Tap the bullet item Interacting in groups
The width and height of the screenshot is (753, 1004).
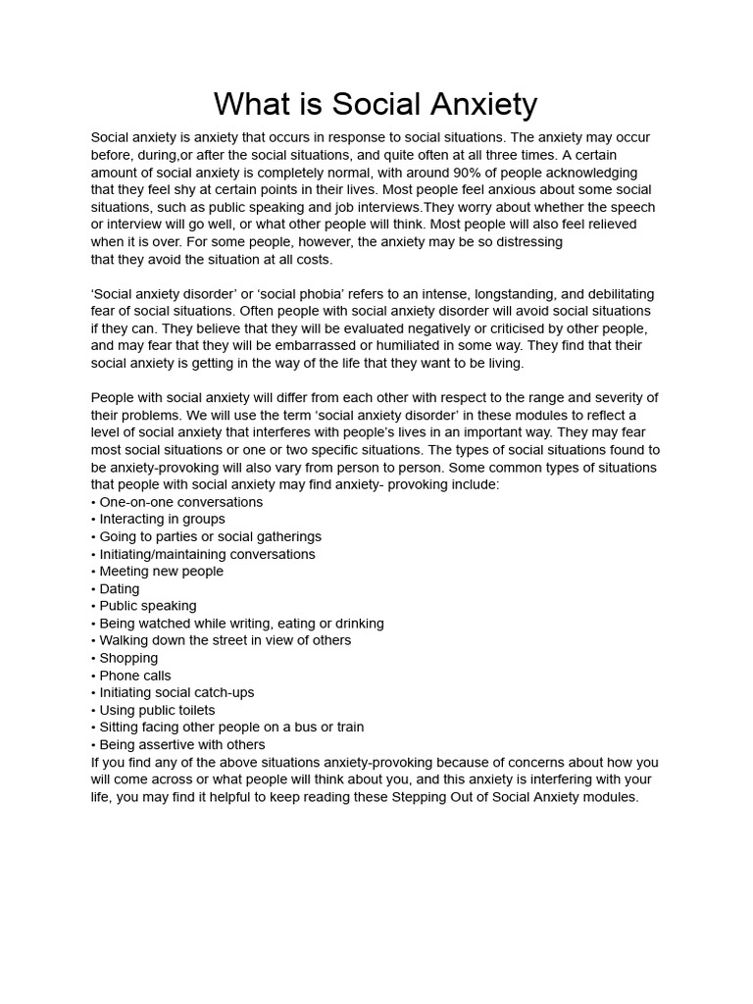pos(158,520)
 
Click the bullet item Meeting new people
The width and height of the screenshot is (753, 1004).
pos(158,572)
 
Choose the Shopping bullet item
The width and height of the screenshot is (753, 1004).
pos(125,658)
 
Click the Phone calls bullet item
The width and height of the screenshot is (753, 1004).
pos(131,676)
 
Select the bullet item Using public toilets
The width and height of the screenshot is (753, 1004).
pos(153,710)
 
